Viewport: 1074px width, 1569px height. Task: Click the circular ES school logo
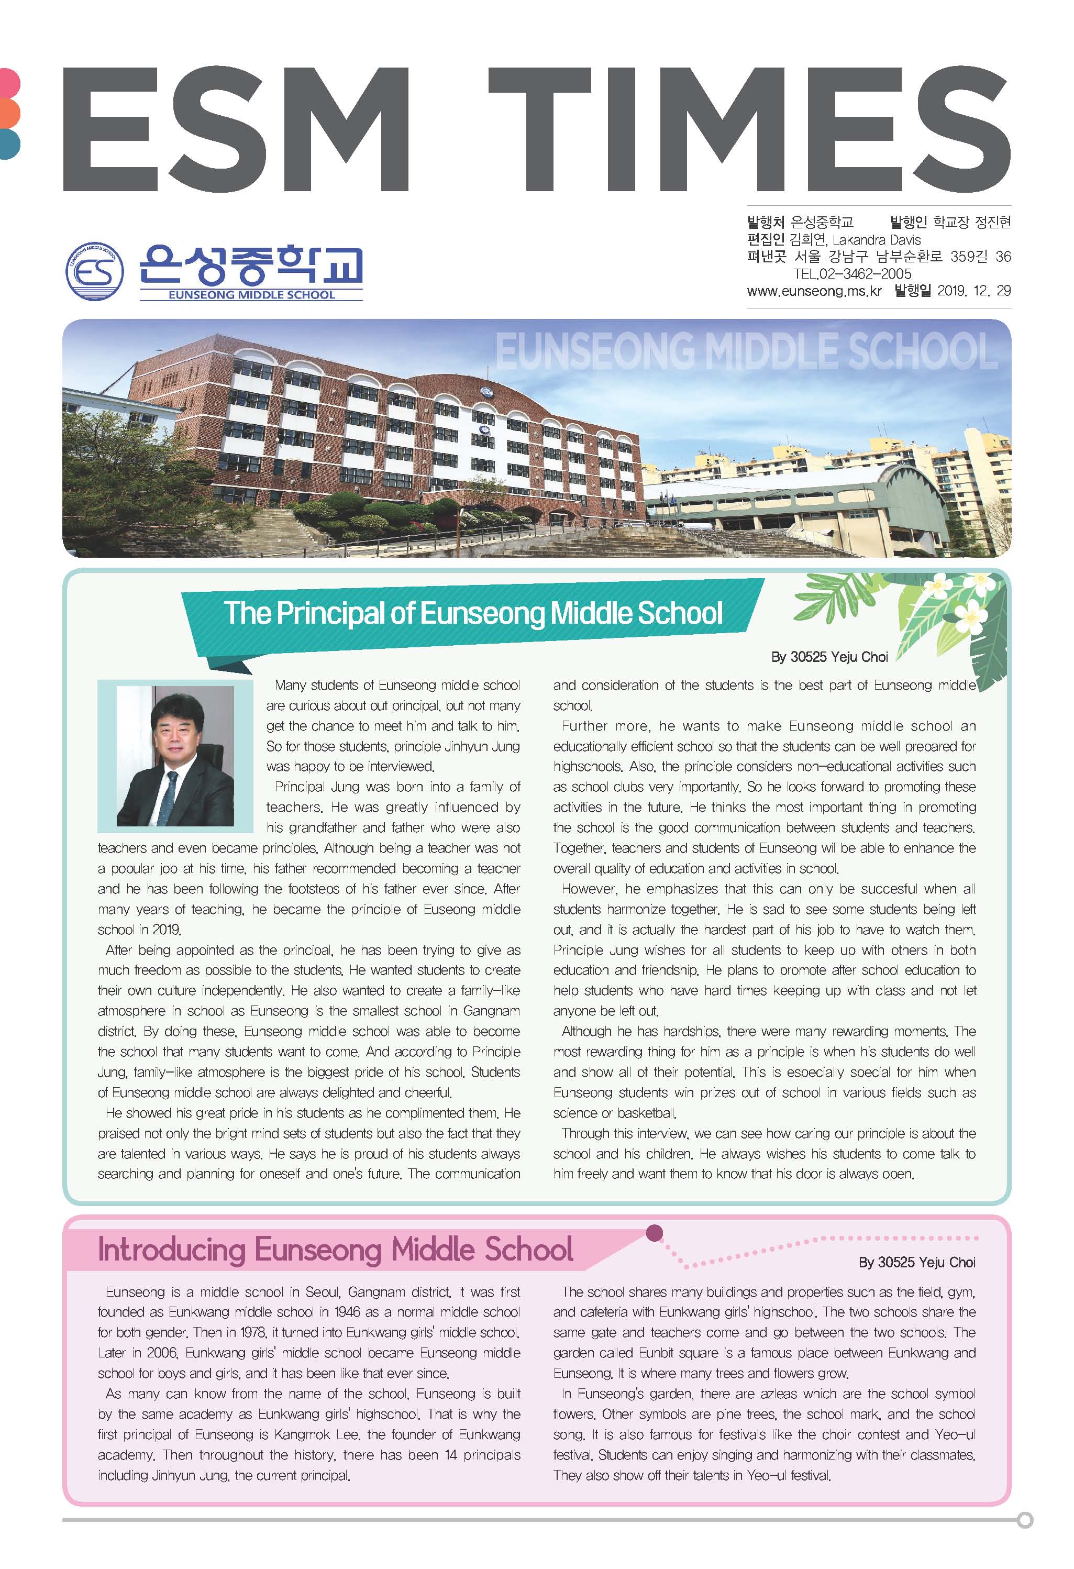pyautogui.click(x=94, y=271)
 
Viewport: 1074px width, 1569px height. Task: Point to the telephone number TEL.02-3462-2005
pyautogui.click(x=852, y=274)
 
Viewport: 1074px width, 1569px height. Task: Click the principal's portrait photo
pyautogui.click(x=175, y=756)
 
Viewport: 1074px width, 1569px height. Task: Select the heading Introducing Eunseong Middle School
pyautogui.click(x=336, y=1250)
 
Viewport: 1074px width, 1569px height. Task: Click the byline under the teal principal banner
pyautogui.click(x=829, y=657)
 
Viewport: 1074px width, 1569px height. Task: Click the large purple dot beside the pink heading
pyautogui.click(x=654, y=1233)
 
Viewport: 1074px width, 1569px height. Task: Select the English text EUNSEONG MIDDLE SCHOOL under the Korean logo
pyautogui.click(x=251, y=295)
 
